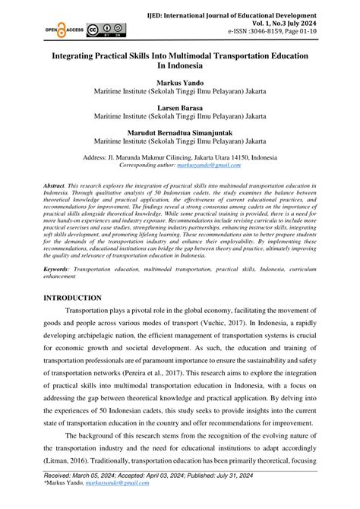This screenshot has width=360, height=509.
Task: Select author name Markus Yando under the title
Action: pyautogui.click(x=179, y=80)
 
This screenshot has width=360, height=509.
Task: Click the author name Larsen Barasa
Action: pyautogui.click(x=179, y=107)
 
